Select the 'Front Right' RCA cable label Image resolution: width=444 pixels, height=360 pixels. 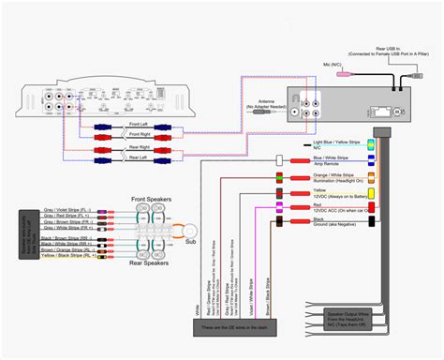click(x=139, y=133)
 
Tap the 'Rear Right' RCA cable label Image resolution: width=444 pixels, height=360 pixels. click(x=139, y=146)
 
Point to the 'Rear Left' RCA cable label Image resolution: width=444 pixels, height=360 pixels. click(x=139, y=158)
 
